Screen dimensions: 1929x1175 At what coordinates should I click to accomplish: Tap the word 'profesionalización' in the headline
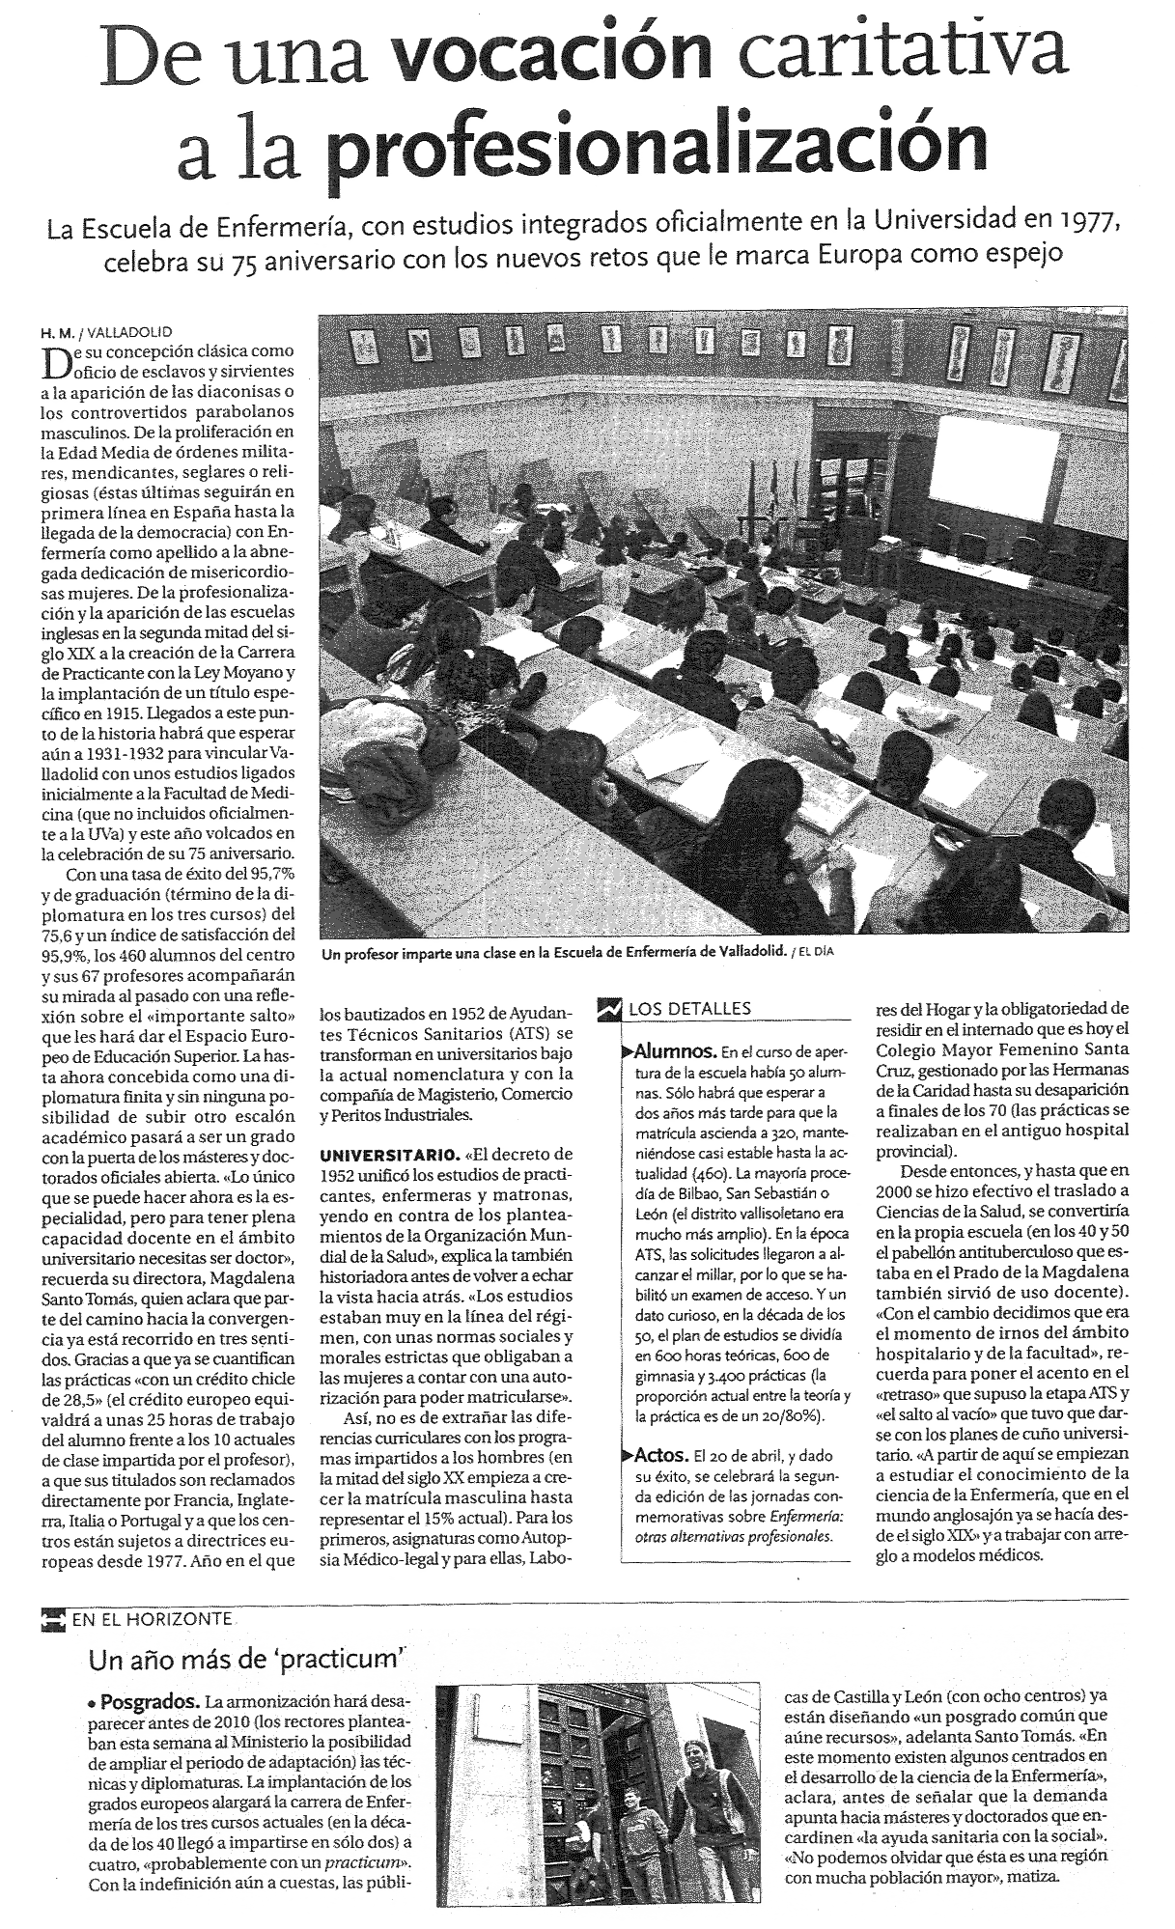657,142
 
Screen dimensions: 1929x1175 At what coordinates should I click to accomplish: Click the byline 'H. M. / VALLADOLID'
105,331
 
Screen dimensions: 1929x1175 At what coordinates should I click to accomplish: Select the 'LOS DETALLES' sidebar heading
688,1009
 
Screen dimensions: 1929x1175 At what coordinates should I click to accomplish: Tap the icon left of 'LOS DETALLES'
610,1009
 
